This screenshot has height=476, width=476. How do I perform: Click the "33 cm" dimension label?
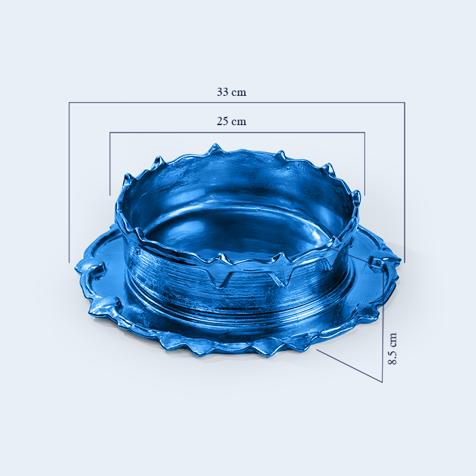pyautogui.click(x=231, y=92)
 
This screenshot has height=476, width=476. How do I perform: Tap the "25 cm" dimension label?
pyautogui.click(x=231, y=122)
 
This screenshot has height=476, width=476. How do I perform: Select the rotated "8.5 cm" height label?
pyautogui.click(x=392, y=349)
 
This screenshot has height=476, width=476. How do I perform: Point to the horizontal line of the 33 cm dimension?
pyautogui.click(x=237, y=102)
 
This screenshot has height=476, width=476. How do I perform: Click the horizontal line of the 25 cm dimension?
pyautogui.click(x=237, y=132)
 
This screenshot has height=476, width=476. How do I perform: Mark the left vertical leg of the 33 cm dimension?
pyautogui.click(x=69, y=182)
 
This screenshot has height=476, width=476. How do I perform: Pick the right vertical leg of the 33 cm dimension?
pyautogui.click(x=405, y=182)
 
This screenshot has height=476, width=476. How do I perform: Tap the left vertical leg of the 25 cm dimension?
pyautogui.click(x=110, y=164)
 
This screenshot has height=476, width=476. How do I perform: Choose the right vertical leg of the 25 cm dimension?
pyautogui.click(x=364, y=164)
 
